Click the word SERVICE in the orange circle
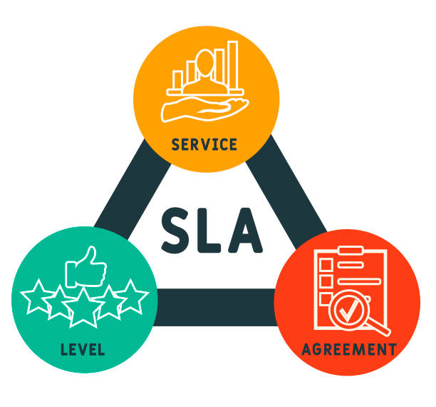point(204,144)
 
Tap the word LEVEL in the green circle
point(83,350)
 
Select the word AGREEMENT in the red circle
point(349,349)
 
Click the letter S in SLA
point(175,230)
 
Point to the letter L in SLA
point(209,230)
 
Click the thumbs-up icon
point(85,267)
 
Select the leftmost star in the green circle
point(38,297)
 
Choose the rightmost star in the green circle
point(131,297)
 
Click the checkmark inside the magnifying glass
point(349,311)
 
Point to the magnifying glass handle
point(379,326)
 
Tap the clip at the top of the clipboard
point(351,251)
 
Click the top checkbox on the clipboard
point(326,264)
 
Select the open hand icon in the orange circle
point(204,109)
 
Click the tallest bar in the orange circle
point(233,66)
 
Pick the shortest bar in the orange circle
point(177,80)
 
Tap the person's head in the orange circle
point(205,63)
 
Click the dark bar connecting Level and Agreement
point(215,307)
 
